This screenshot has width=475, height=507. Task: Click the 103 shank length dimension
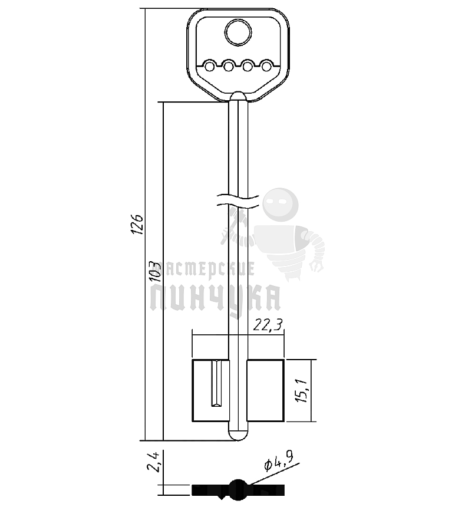click(x=156, y=271)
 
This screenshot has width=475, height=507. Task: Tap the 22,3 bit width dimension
click(x=268, y=325)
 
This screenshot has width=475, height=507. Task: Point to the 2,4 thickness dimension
click(x=153, y=463)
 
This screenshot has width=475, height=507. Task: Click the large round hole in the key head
click(x=238, y=32)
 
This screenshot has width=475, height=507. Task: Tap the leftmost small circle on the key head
click(x=209, y=67)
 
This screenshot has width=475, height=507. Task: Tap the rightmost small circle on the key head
click(x=266, y=67)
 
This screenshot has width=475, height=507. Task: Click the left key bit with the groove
click(x=210, y=391)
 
